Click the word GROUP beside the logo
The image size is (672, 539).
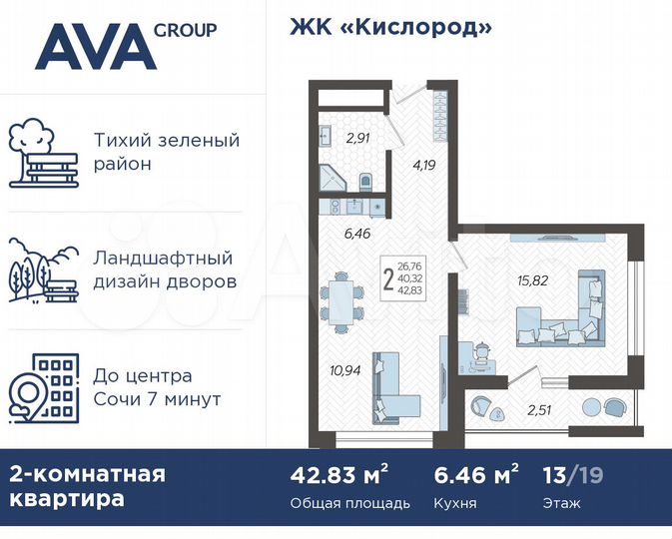tap(185, 30)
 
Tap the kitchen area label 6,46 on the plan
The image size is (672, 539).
tap(355, 237)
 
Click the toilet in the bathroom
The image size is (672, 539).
tap(364, 182)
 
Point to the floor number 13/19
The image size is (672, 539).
tap(573, 473)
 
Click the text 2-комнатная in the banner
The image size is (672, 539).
tap(87, 473)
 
